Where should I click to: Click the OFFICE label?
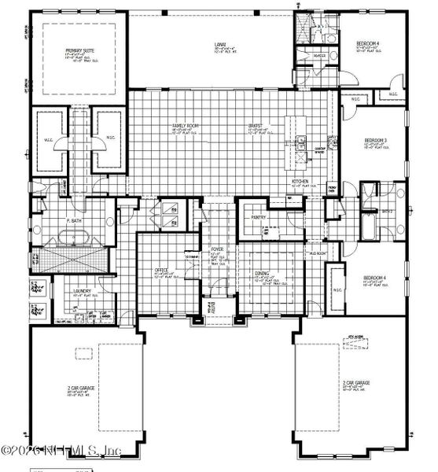click(x=162, y=270)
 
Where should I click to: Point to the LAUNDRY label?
click(x=83, y=291)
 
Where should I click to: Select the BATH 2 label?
click(x=386, y=212)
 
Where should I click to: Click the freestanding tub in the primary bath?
click(x=76, y=237)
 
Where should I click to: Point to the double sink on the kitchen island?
click(x=302, y=143)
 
